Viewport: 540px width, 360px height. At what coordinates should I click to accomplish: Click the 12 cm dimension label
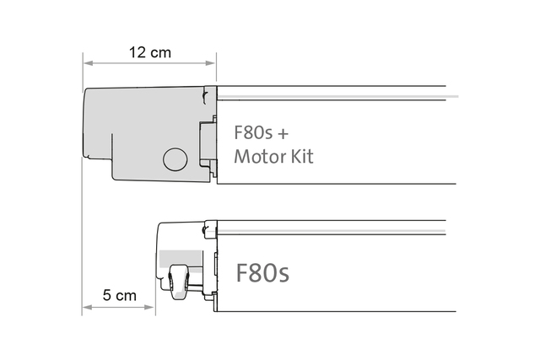(x=150, y=52)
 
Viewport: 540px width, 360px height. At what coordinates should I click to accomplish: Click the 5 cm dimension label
(x=120, y=295)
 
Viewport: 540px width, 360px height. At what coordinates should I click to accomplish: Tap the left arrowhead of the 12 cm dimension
(x=88, y=63)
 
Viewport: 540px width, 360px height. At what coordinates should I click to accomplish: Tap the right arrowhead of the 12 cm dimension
(x=210, y=63)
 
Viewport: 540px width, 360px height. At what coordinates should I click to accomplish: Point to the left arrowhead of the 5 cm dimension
(x=87, y=307)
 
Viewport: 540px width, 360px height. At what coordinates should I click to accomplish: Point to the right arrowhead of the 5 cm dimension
(x=149, y=307)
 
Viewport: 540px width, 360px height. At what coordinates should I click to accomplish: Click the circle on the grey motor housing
(x=175, y=159)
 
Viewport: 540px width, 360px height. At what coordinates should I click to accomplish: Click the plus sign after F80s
(x=283, y=133)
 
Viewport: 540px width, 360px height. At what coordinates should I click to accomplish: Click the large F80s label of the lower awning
(x=262, y=273)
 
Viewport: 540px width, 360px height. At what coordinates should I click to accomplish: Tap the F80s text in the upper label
(x=253, y=133)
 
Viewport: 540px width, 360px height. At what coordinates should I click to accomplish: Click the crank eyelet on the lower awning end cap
(x=178, y=282)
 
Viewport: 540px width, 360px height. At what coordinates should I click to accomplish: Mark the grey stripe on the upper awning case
(x=337, y=96)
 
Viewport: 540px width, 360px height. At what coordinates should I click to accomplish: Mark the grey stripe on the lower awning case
(x=332, y=231)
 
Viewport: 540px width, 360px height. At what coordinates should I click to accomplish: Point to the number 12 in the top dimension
(x=138, y=52)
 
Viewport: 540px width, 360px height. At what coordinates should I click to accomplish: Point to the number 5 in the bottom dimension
(x=107, y=295)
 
